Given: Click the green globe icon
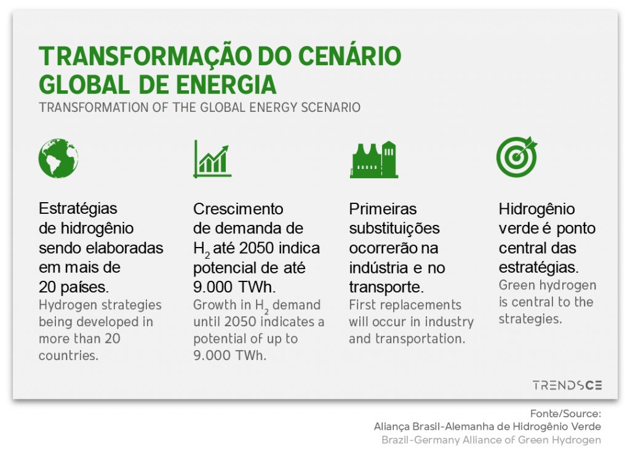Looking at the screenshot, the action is click(58, 158).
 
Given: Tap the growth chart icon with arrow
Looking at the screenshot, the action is click(212, 159).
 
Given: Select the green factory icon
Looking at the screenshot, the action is click(373, 159).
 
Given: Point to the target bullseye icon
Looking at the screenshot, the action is click(517, 157).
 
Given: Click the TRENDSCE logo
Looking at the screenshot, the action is click(567, 385).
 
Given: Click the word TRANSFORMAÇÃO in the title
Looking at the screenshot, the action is click(145, 56).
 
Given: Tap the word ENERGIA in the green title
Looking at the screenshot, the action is click(226, 85).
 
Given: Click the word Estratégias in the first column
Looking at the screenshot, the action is click(78, 208).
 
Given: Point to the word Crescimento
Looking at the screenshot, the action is click(238, 209).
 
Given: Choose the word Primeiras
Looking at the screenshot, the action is click(383, 209).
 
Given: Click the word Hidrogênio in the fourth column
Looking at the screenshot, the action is click(536, 209).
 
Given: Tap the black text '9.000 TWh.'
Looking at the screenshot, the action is click(234, 287).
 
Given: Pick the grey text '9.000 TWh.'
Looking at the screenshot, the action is click(230, 355).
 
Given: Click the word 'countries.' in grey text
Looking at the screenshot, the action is click(68, 355).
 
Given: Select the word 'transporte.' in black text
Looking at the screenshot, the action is click(386, 287).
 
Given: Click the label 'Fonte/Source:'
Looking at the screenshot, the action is click(566, 413).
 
